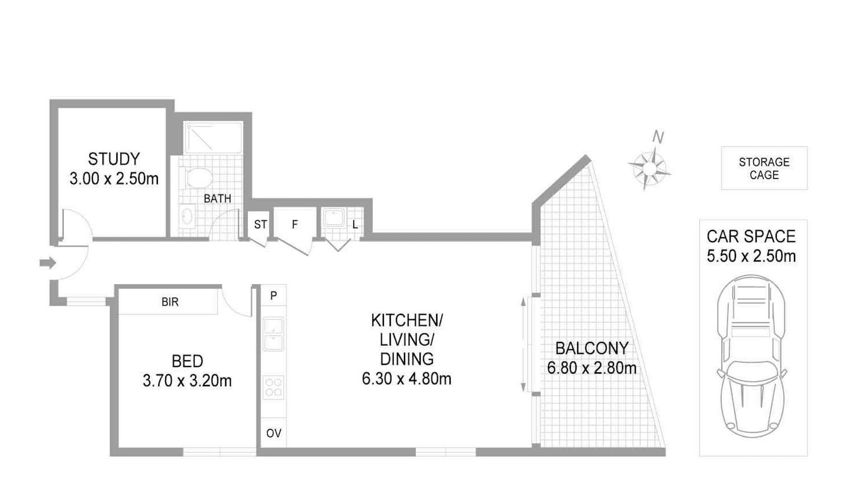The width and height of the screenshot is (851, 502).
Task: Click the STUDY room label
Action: pos(114,159)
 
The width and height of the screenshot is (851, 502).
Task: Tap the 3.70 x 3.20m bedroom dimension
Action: pos(187,381)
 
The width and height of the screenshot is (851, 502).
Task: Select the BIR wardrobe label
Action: pos(170,302)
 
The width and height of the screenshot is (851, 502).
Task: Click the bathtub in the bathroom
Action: pos(213,138)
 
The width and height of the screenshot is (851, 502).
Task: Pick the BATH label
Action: pos(217,198)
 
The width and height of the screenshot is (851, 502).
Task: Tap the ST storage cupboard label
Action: pos(261,225)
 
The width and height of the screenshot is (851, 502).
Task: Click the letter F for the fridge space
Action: pos(295,225)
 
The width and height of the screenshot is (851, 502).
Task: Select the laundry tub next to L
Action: pos(334,218)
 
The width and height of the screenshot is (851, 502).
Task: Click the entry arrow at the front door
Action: pos(47,263)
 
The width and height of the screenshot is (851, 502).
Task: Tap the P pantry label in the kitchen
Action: pos(274,295)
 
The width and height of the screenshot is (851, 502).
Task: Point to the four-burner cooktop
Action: pos(274,387)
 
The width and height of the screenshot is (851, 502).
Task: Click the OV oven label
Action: pos(274,433)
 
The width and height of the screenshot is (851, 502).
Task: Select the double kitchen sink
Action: pos(274,334)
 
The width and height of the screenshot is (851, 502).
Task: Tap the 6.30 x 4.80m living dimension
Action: pos(407,379)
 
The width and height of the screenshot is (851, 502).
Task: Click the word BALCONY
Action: pos(592,348)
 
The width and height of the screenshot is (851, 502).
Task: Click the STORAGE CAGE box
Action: pos(764,168)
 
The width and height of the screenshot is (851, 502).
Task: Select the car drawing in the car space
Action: pos(751,356)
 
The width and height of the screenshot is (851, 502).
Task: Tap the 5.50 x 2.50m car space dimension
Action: pos(751,256)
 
